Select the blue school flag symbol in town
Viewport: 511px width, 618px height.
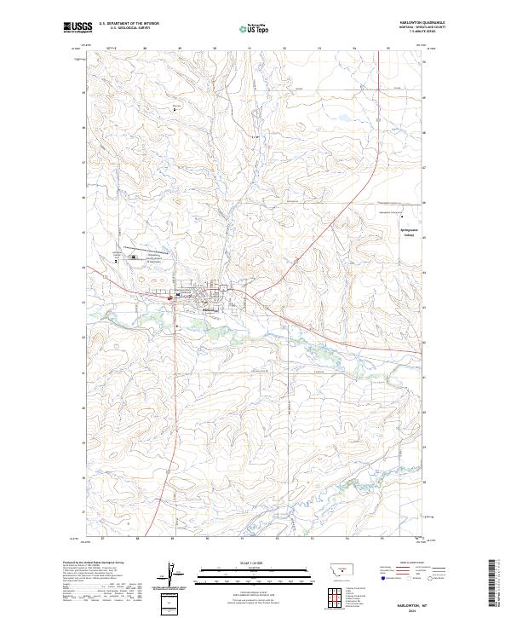(x=177, y=296)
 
